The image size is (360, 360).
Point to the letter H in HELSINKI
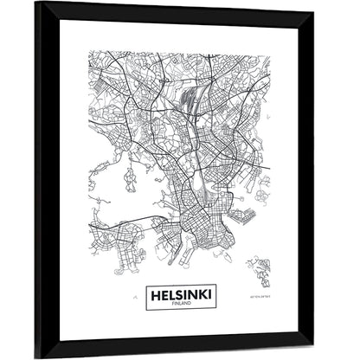pyautogui.click(x=153, y=296)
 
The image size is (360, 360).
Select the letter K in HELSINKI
pyautogui.click(x=204, y=296)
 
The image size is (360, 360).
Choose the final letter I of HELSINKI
pyautogui.click(x=212, y=296)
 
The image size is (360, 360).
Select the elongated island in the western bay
pyautogui.click(x=130, y=180)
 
